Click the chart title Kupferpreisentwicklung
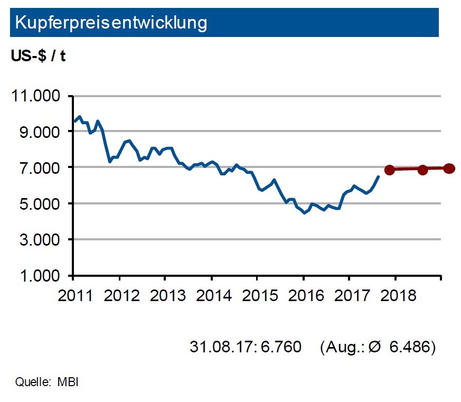coord(111,22)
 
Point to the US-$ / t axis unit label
coord(38,57)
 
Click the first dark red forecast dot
coord(390,170)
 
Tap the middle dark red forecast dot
coord(422,170)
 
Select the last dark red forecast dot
coord(449,169)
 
